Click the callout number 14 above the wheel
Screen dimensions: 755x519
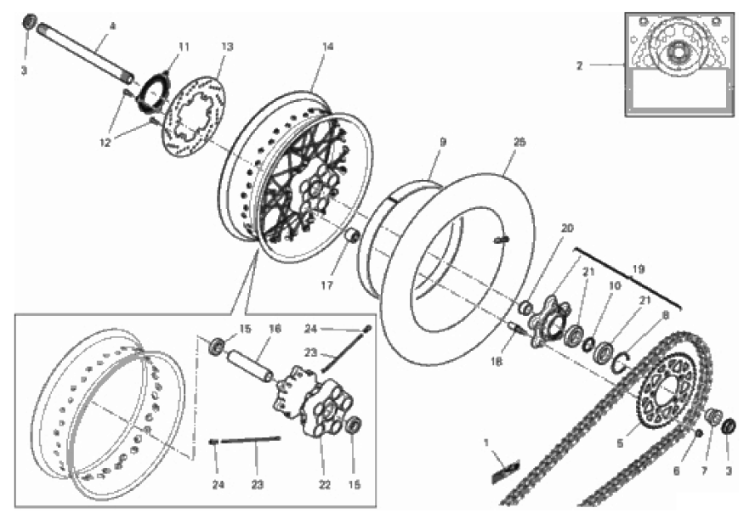click(x=328, y=47)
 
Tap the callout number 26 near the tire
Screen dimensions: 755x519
click(x=519, y=142)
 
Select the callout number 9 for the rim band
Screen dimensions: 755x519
click(x=443, y=142)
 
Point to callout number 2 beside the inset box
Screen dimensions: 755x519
click(x=580, y=65)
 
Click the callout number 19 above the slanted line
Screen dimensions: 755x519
click(x=639, y=269)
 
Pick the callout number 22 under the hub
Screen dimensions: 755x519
click(x=325, y=484)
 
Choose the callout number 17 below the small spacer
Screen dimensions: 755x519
click(x=327, y=285)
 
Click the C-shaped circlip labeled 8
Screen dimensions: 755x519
click(x=622, y=361)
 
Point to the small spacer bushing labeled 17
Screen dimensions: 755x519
click(x=354, y=236)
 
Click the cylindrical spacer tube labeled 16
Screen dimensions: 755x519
click(x=250, y=366)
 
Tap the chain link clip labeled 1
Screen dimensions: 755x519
click(x=506, y=471)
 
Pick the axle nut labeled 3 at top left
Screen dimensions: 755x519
click(x=30, y=21)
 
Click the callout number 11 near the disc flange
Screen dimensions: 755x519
click(x=184, y=47)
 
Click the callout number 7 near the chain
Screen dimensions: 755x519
click(x=705, y=471)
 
